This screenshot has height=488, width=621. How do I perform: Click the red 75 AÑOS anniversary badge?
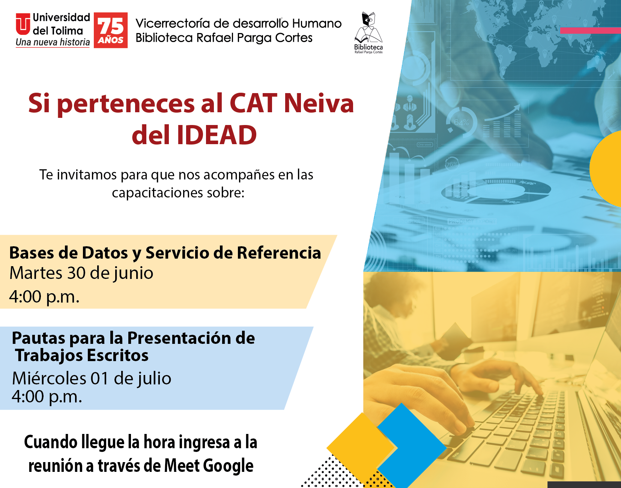tap(110, 30)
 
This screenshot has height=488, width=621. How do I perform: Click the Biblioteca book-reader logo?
tap(368, 32)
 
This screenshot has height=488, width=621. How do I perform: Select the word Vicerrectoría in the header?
tap(173, 23)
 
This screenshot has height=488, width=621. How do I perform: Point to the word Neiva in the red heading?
tap(319, 103)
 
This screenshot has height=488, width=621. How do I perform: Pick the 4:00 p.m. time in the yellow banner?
tap(44, 297)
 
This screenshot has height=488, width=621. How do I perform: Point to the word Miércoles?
tap(49, 378)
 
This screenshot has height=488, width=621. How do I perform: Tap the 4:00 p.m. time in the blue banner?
tap(47, 396)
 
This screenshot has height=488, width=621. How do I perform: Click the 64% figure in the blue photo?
tap(461, 122)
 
